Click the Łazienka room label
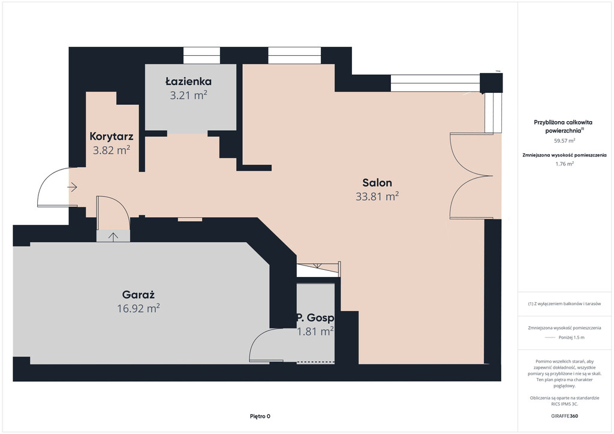tap(188, 82)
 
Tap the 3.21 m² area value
tap(188, 95)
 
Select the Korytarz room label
tap(112, 136)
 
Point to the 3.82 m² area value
tap(112, 150)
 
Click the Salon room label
tap(377, 183)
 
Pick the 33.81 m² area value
tap(377, 196)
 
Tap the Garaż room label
tap(139, 295)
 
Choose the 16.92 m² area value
tap(139, 308)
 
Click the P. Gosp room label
tap(315, 318)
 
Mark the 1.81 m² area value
tap(315, 331)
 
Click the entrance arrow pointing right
tap(73, 188)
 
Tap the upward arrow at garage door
tap(113, 236)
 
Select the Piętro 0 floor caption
tap(260, 416)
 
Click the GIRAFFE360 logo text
tap(564, 415)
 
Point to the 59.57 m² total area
tap(564, 140)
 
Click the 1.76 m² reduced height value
tap(564, 164)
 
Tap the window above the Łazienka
tap(201, 56)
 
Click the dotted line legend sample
tap(550, 337)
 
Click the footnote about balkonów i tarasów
tap(564, 304)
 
